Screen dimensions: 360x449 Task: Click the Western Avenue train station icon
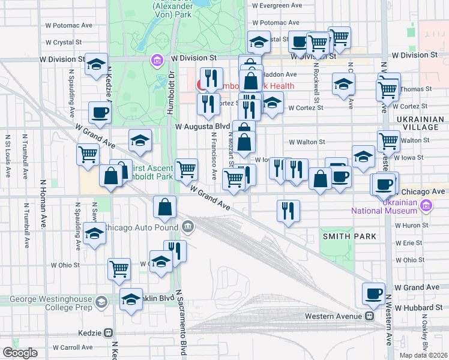(x=370, y=316)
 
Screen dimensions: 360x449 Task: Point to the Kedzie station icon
(x=109, y=332)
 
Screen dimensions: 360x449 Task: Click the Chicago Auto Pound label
(x=142, y=227)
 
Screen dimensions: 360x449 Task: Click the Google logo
(x=20, y=352)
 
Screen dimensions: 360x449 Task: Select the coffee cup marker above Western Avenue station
(x=373, y=294)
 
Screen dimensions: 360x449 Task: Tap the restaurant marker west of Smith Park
(x=289, y=211)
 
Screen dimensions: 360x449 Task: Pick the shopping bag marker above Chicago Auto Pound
(x=164, y=207)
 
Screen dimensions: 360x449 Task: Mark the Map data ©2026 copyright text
(x=423, y=355)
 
